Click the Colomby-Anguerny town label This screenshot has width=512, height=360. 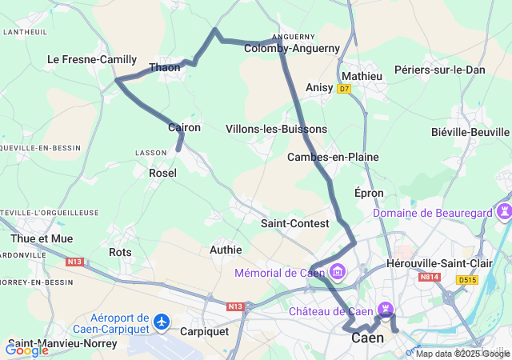pyautogui.click(x=292, y=48)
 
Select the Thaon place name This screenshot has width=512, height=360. pyautogui.click(x=165, y=67)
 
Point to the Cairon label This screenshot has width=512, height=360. pyautogui.click(x=184, y=127)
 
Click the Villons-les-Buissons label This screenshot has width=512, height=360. pyautogui.click(x=276, y=129)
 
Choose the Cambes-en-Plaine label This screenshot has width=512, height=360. pyautogui.click(x=333, y=157)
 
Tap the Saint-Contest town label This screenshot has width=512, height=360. pyautogui.click(x=294, y=223)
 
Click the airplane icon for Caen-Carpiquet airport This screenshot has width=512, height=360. pyautogui.click(x=163, y=321)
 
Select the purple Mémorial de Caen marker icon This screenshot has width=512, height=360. pyautogui.click(x=337, y=273)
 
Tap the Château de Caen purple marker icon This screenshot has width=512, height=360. pyautogui.click(x=387, y=310)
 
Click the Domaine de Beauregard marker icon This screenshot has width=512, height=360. pyautogui.click(x=505, y=213)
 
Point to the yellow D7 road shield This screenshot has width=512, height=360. pyautogui.click(x=344, y=89)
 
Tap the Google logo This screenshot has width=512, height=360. pyautogui.click(x=26, y=350)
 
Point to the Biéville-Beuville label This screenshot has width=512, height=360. pyautogui.click(x=470, y=132)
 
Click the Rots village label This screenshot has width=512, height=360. pyautogui.click(x=120, y=252)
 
